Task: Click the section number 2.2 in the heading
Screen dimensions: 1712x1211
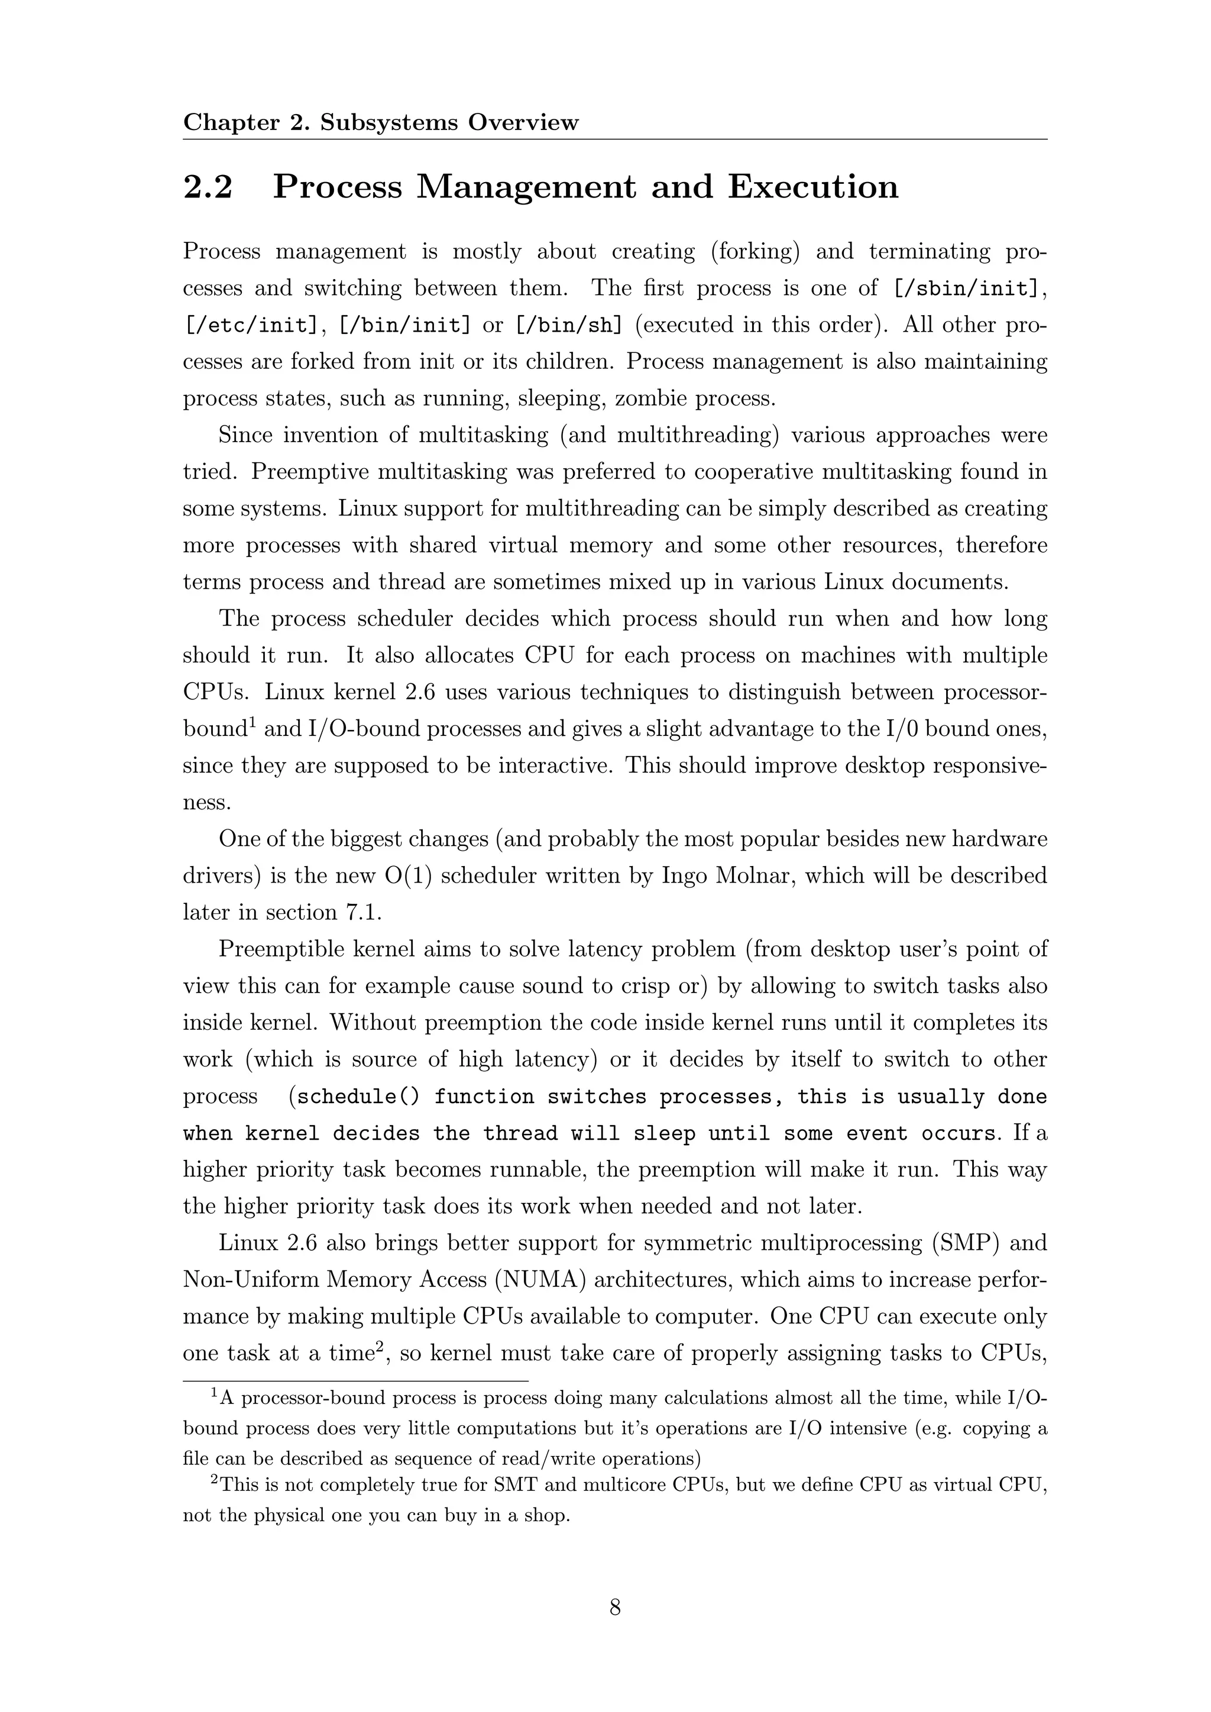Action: pos(208,187)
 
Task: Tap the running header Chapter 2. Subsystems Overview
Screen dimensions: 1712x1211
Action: pos(380,122)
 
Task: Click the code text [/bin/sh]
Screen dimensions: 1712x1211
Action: pos(568,326)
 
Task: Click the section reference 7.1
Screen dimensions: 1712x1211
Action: pos(360,913)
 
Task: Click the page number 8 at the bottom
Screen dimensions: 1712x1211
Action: pos(614,1607)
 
